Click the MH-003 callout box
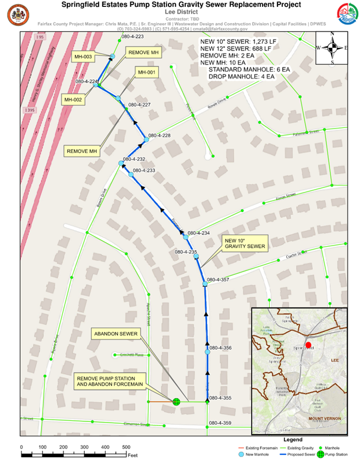point(83,56)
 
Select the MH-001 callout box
point(145,73)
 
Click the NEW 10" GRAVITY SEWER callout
point(245,243)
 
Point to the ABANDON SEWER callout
point(107,334)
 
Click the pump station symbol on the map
point(177,401)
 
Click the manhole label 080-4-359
point(220,424)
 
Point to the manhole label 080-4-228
point(159,135)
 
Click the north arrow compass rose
point(332,48)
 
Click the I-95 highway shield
point(39,37)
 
